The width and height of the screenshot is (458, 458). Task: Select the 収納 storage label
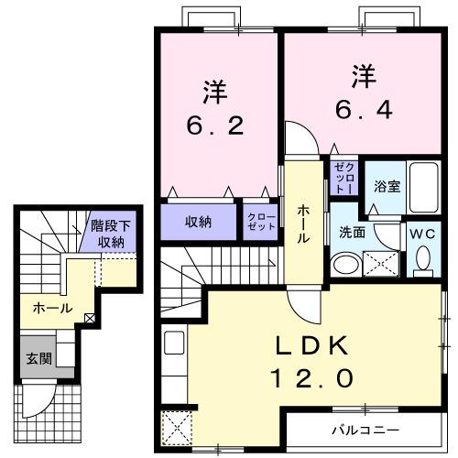point(199,222)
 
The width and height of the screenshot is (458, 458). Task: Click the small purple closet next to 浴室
point(343,176)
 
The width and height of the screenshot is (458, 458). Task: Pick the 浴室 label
point(386,186)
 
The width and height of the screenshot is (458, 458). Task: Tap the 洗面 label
point(353,233)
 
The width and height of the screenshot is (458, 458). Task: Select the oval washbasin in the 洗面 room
point(345,266)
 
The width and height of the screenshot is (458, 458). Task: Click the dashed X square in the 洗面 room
point(380,265)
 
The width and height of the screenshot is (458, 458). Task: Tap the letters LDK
point(312,345)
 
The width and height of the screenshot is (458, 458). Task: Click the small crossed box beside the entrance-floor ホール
point(89,319)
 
